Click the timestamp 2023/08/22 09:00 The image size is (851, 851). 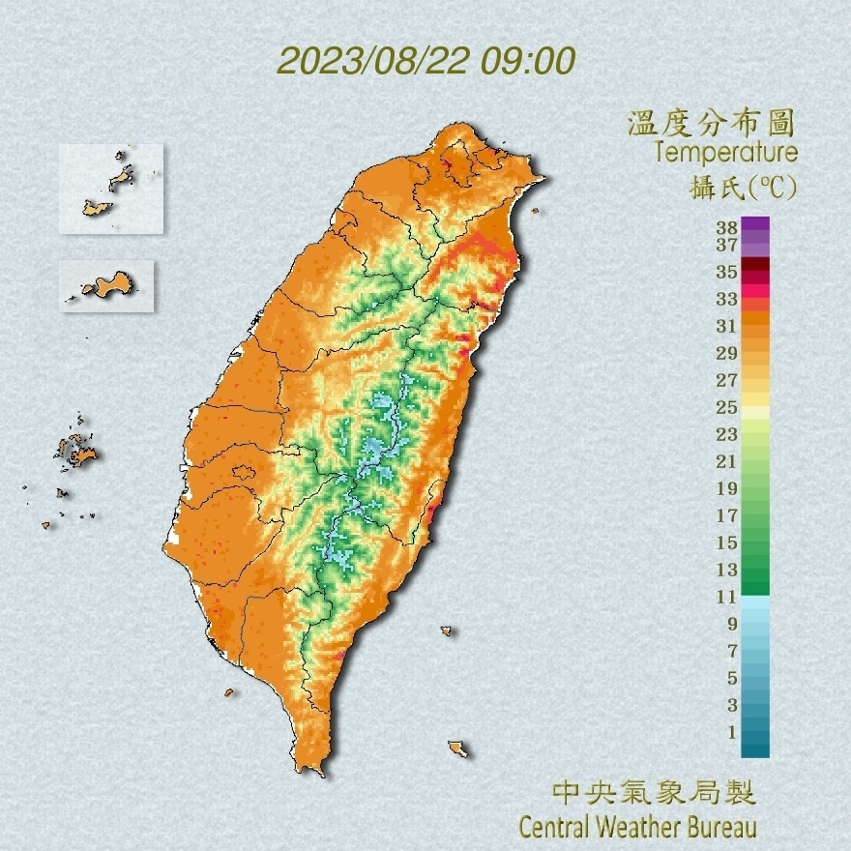[425, 60]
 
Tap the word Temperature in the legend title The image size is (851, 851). [726, 153]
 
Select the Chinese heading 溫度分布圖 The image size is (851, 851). [712, 123]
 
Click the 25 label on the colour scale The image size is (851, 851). [727, 406]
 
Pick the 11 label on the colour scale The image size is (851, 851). [727, 597]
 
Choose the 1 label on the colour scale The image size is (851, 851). [732, 732]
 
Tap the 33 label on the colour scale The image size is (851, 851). [727, 298]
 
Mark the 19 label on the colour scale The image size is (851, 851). [727, 487]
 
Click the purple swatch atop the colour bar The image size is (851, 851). [755, 223]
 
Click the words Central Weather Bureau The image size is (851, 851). [637, 828]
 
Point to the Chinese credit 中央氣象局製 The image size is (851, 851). [653, 794]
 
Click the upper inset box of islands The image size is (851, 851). [110, 189]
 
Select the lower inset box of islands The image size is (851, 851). [106, 285]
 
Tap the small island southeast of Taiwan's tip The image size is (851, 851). [457, 748]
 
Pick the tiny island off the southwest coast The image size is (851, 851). [229, 691]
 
